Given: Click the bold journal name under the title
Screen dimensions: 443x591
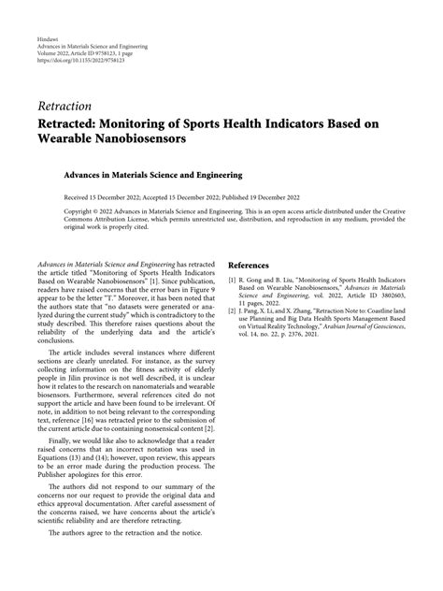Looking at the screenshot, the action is coord(127,174).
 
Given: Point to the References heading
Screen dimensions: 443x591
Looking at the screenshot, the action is coord(255,266).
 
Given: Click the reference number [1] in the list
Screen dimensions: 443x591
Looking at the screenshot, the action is coord(234,281).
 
